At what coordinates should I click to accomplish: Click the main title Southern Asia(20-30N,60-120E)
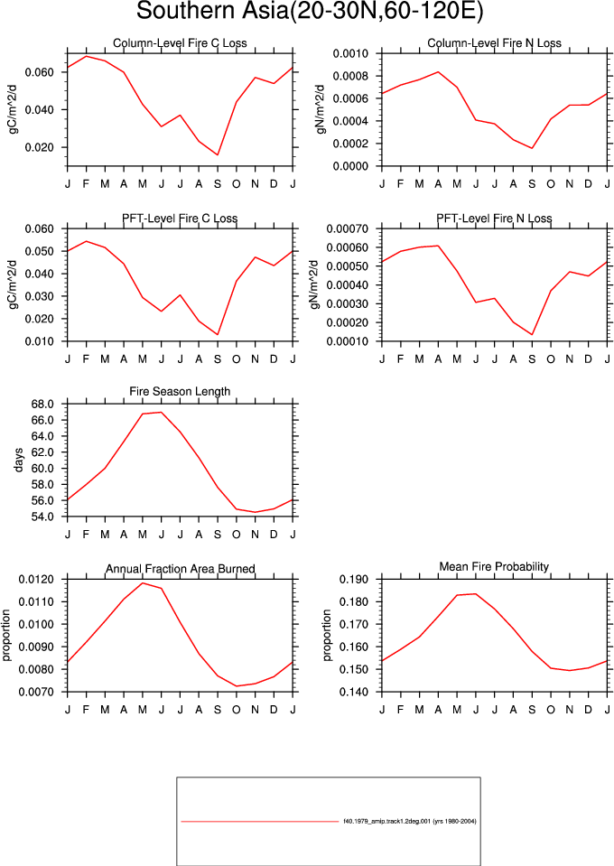pyautogui.click(x=310, y=11)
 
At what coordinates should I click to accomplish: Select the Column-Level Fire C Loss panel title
pyautogui.click(x=180, y=43)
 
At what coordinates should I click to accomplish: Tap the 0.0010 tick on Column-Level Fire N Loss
pyautogui.click(x=350, y=53)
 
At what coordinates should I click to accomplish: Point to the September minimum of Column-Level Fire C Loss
pyautogui.click(x=218, y=154)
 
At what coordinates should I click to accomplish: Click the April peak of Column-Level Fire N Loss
pyautogui.click(x=439, y=72)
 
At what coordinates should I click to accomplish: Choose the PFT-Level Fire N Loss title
pyautogui.click(x=494, y=219)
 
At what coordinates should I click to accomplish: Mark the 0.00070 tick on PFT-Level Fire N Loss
pyautogui.click(x=348, y=228)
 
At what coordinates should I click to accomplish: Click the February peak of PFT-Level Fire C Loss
pyautogui.click(x=86, y=241)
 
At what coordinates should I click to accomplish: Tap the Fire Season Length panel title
pyautogui.click(x=180, y=391)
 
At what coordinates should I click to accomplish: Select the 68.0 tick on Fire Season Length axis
pyautogui.click(x=42, y=405)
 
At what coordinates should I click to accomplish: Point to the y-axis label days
pyautogui.click(x=19, y=460)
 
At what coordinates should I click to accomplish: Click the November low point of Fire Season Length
pyautogui.click(x=256, y=512)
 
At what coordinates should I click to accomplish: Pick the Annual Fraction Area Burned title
pyautogui.click(x=180, y=569)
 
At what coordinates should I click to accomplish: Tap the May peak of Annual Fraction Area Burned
pyautogui.click(x=143, y=583)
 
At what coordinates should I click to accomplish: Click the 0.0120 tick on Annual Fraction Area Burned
pyautogui.click(x=36, y=580)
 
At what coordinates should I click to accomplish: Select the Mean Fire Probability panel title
pyautogui.click(x=494, y=567)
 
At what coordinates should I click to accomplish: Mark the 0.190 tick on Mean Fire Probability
pyautogui.click(x=354, y=580)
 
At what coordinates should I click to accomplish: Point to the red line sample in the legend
pyautogui.click(x=259, y=822)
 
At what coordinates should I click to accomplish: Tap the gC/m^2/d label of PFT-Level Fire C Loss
pyautogui.click(x=14, y=284)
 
